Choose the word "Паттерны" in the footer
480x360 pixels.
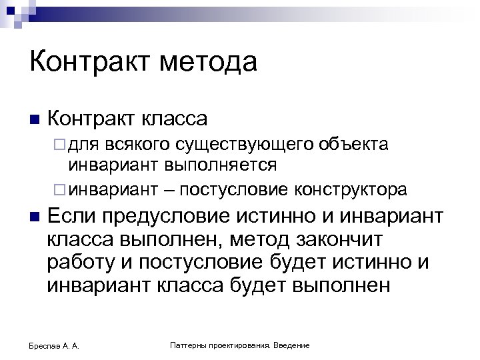click(x=191, y=345)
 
